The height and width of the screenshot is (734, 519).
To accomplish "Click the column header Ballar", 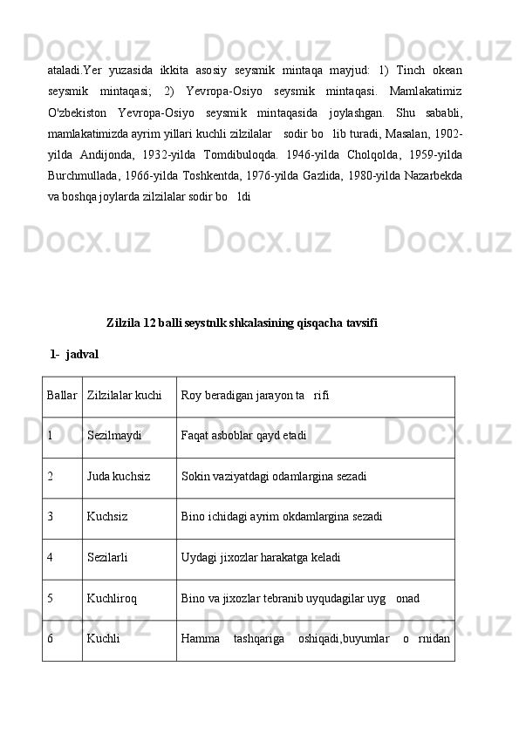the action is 62,397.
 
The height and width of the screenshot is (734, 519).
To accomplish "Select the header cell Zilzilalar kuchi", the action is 125,397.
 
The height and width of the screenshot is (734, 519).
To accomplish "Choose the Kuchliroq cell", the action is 112,600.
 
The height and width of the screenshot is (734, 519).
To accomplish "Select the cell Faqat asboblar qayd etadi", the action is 243,438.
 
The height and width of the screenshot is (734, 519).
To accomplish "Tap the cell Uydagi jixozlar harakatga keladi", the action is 260,559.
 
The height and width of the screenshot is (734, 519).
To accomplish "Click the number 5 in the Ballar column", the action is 51,600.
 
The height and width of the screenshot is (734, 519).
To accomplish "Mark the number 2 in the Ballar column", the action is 51,478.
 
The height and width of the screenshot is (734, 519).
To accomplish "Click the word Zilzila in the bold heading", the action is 123,323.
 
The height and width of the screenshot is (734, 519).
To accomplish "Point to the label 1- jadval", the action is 75,356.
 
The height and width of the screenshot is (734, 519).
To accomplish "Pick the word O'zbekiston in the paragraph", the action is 78,113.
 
